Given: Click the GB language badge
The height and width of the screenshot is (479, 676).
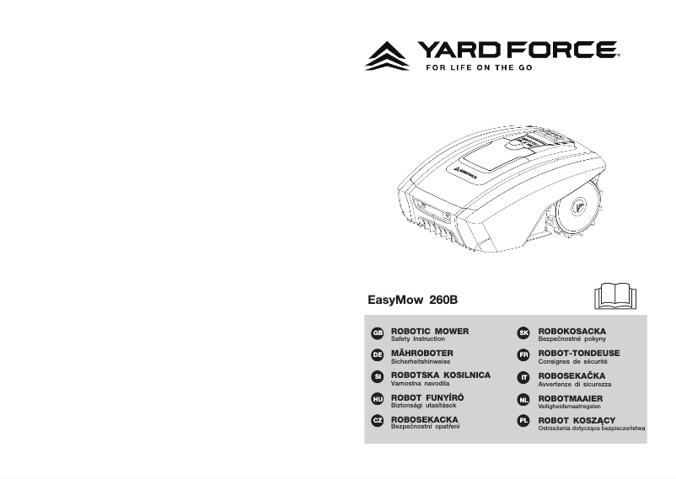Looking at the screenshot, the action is (x=378, y=333).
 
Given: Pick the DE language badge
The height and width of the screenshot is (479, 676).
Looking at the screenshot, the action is (x=378, y=355).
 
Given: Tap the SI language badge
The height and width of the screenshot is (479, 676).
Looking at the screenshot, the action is (x=378, y=377).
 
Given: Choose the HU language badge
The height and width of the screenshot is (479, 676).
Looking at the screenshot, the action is (x=378, y=399).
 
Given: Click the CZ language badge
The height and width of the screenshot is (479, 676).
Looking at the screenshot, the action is (x=378, y=421).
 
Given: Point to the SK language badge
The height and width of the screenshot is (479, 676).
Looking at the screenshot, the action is (x=523, y=333).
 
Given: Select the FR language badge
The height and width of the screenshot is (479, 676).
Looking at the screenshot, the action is (x=523, y=355).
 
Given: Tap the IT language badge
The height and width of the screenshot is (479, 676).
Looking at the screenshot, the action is (x=523, y=377).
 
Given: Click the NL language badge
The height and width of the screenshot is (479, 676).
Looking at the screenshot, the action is (x=523, y=399).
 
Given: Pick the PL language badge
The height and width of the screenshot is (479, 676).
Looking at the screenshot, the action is (x=523, y=421).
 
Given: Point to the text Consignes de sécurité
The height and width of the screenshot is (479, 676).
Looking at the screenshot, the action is (x=573, y=361).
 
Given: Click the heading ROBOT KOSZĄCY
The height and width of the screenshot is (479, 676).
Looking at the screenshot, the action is (x=577, y=418).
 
